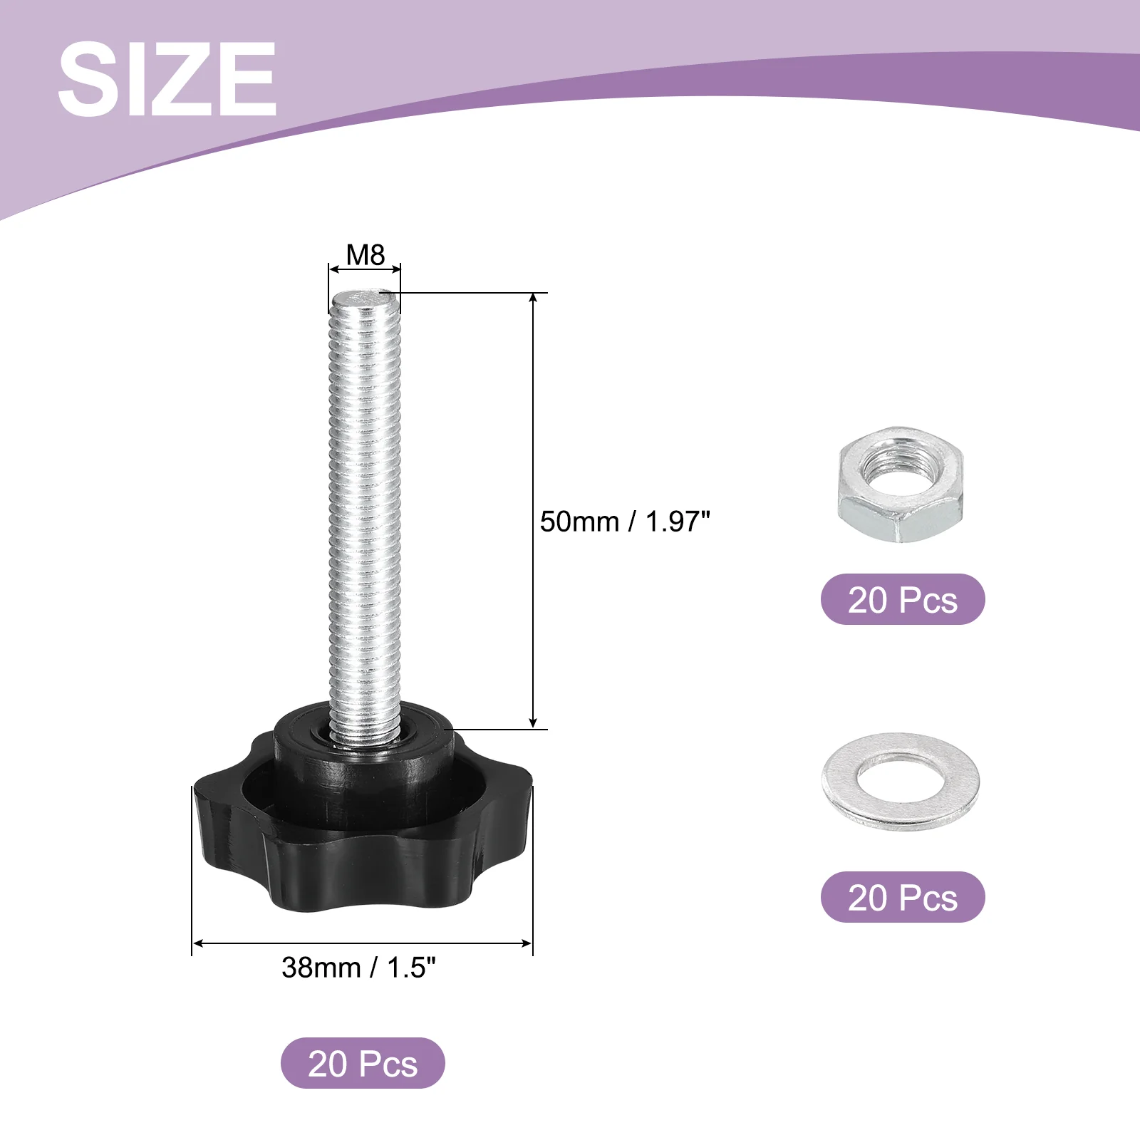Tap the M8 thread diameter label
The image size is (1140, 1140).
[365, 254]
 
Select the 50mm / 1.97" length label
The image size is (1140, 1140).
[625, 522]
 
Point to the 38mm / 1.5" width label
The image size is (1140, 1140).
[358, 967]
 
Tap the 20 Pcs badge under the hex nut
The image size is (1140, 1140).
[903, 599]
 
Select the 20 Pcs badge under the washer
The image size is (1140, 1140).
[903, 897]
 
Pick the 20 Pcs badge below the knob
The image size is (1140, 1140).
[363, 1063]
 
